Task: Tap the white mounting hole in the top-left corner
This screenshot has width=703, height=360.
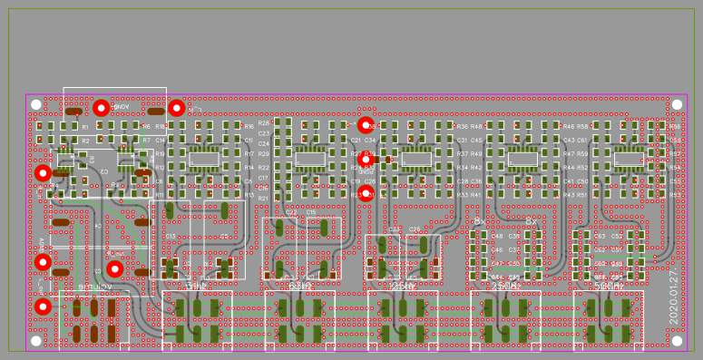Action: (x=36, y=105)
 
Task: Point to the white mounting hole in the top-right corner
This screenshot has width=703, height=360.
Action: (x=677, y=105)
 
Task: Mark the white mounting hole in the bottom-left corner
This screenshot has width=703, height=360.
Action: (x=36, y=341)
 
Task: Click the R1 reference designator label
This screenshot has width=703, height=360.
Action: (x=85, y=127)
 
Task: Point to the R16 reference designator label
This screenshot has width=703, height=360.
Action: (x=249, y=127)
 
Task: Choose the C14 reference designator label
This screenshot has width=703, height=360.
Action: (x=160, y=141)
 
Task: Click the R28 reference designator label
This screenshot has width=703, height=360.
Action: (x=263, y=122)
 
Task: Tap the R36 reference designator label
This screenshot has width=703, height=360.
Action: (x=463, y=127)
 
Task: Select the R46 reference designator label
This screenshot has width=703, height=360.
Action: (x=568, y=127)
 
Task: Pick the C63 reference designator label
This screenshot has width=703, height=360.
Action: (x=600, y=236)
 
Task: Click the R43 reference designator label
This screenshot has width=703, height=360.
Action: (x=568, y=195)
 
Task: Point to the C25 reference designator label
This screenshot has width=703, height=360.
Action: (x=415, y=229)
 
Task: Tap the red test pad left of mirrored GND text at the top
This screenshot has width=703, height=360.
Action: (x=102, y=108)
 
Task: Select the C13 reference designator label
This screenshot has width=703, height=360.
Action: (x=170, y=236)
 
